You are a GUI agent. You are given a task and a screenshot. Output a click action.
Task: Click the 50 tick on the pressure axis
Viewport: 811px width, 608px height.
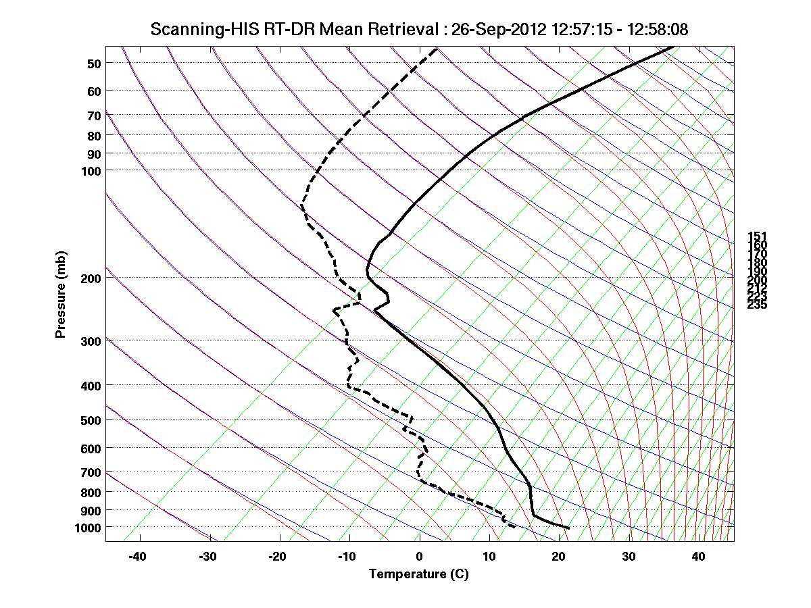[x=94, y=63]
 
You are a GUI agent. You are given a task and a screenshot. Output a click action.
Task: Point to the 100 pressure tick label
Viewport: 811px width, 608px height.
[x=91, y=170]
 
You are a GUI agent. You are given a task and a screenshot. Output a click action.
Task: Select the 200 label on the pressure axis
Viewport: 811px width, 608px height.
[x=91, y=278]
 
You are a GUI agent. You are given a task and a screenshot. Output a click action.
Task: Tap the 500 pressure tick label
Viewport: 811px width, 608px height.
[x=91, y=420]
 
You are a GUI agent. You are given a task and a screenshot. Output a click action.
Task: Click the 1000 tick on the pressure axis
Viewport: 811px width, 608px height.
[x=88, y=527]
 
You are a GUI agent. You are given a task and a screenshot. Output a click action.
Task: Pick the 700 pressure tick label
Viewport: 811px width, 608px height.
[x=91, y=472]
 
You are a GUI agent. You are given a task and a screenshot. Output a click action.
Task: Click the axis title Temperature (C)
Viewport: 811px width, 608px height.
[x=418, y=574]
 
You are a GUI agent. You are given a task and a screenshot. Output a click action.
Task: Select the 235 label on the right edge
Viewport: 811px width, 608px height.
[x=757, y=305]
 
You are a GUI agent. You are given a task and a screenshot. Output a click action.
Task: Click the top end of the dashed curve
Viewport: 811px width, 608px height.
[x=437, y=48]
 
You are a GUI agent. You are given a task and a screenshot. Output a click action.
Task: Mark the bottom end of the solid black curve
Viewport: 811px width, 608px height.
[x=569, y=528]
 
